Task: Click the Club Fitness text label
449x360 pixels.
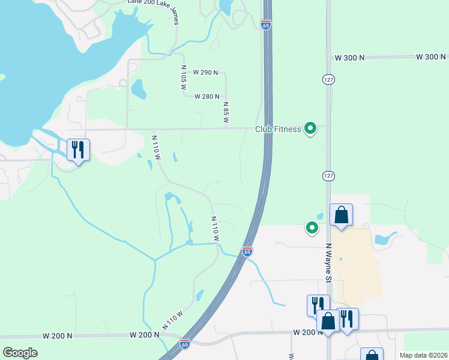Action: click(277, 129)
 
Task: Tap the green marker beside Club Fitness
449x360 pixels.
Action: click(310, 128)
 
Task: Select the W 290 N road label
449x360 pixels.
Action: click(206, 73)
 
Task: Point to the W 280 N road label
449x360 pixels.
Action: click(206, 97)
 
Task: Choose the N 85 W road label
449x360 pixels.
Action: click(226, 112)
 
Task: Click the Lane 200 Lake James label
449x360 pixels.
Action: click(154, 3)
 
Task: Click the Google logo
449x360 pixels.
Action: click(20, 353)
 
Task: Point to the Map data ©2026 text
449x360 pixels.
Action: click(423, 355)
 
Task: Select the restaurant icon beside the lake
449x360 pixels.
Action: click(78, 149)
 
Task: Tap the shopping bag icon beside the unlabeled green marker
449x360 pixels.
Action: click(341, 215)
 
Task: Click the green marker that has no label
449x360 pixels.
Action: click(312, 227)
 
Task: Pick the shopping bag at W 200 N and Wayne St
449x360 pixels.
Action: click(328, 321)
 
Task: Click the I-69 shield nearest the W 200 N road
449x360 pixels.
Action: click(185, 344)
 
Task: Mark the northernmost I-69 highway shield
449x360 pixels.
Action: click(266, 25)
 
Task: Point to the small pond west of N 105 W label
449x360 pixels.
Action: click(139, 89)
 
